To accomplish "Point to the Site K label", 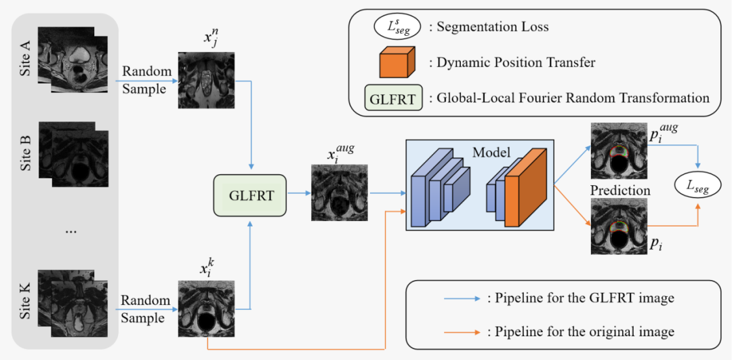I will pos(26,302).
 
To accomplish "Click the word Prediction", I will pos(620,191).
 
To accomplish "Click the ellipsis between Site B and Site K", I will pos(71,230).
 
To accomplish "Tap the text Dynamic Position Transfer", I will pos(516,62).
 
